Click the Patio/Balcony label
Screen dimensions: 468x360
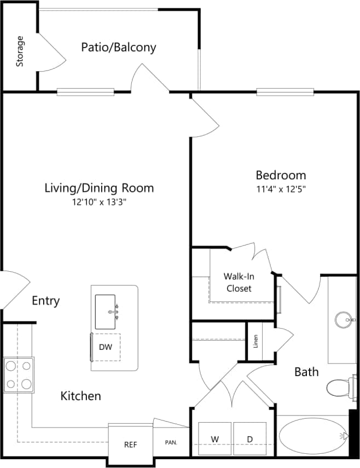pos(119,48)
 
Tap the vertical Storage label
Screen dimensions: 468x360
pos(20,51)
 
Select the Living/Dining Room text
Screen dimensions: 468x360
pos(99,188)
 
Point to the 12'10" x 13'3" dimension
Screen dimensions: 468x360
pos(99,202)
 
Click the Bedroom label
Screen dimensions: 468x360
pos(281,175)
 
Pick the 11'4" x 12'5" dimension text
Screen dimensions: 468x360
pos(281,189)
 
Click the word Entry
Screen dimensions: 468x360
pos(46,301)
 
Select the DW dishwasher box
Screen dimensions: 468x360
pos(106,347)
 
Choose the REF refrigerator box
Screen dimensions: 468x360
pos(130,444)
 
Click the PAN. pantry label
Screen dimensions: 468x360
pos(171,443)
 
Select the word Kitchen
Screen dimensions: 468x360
pos(80,396)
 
